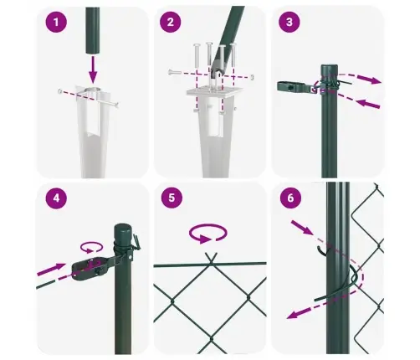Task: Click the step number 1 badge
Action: coord(56,23)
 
